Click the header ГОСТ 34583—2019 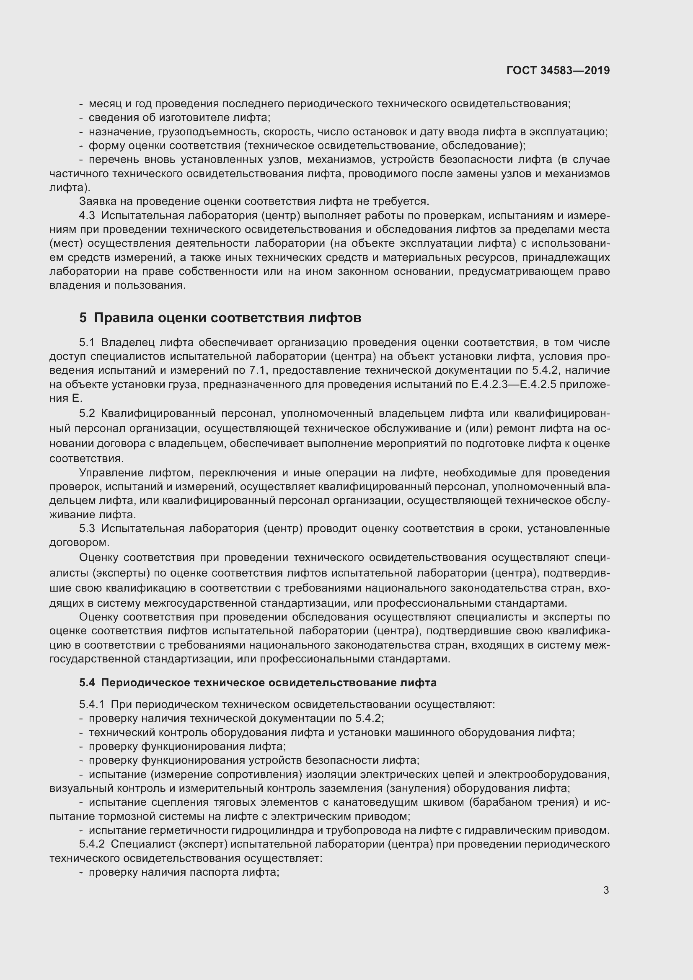click(558, 70)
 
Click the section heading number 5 click(83, 318)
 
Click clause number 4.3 click(87, 215)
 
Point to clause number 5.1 click(87, 343)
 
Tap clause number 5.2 click(87, 414)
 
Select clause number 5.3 click(87, 529)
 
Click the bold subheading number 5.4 click(87, 683)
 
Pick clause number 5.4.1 click(92, 705)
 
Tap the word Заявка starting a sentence click(98, 202)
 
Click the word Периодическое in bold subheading click(145, 683)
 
